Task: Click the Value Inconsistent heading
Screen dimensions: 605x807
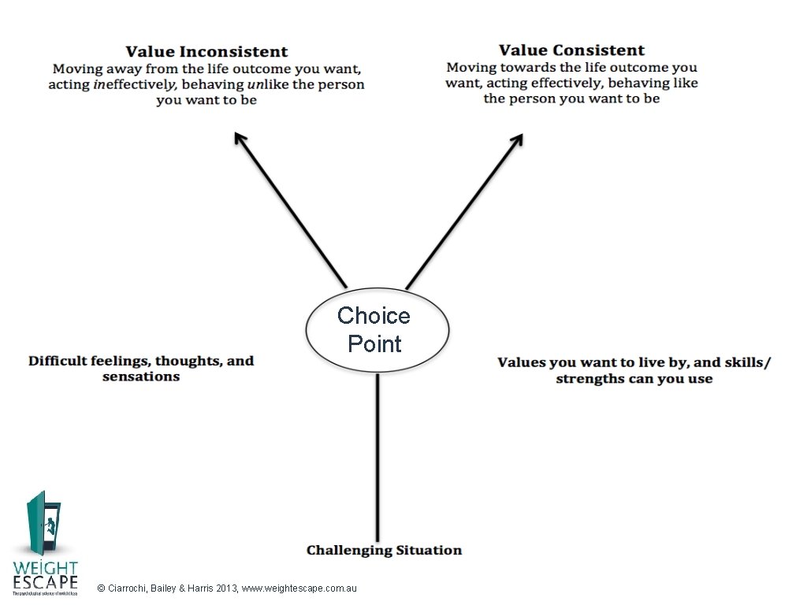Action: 207,52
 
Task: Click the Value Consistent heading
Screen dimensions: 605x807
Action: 571,50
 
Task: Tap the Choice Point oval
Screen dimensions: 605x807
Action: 376,329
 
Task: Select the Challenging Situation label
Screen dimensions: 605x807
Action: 384,550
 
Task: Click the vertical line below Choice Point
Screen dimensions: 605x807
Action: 378,457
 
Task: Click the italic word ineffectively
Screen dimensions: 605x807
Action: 131,84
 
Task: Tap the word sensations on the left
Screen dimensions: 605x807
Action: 141,377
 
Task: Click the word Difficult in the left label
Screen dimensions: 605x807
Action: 58,361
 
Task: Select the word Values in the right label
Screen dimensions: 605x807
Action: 521,362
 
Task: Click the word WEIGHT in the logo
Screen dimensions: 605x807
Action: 45,568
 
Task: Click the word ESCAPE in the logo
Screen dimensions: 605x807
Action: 45,583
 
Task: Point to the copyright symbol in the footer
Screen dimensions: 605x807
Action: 99,588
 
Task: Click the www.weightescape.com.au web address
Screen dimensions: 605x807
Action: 300,588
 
